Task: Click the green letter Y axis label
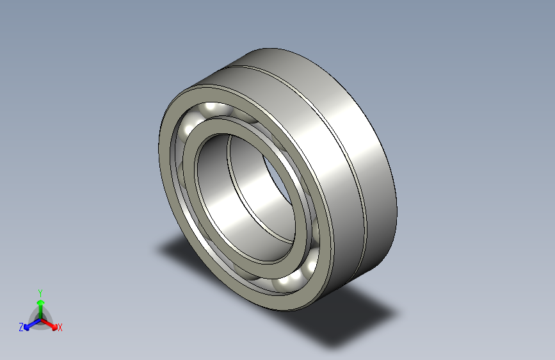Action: click(x=40, y=291)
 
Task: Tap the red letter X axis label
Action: click(x=60, y=328)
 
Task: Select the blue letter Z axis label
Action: click(x=21, y=327)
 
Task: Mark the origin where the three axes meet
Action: click(x=40, y=318)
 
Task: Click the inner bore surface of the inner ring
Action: click(x=230, y=211)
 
